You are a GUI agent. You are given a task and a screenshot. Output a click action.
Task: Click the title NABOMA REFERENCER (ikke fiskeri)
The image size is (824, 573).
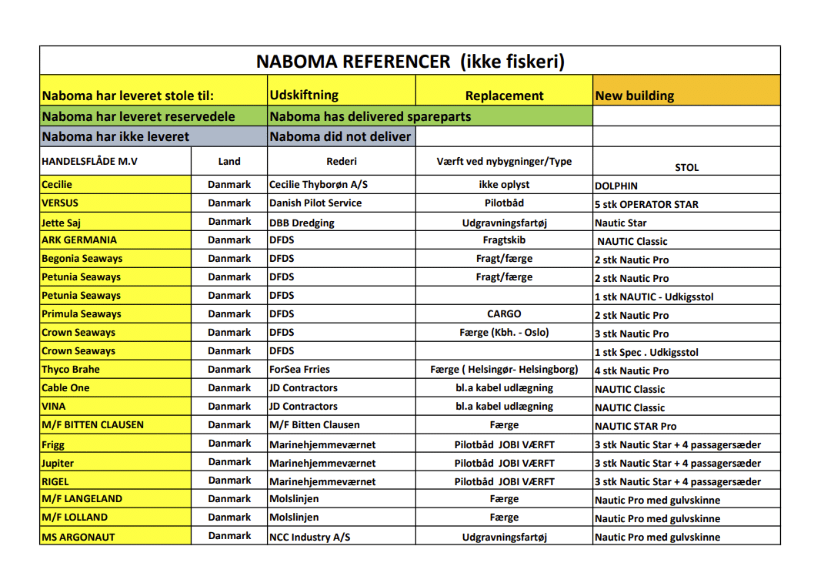[x=410, y=61]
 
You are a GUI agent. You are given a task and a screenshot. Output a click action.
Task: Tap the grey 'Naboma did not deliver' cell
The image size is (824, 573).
[x=340, y=136]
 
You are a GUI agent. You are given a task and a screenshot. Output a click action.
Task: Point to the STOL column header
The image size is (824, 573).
[x=686, y=167]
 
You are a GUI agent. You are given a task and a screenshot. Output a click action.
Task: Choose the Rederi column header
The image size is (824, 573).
[x=342, y=161]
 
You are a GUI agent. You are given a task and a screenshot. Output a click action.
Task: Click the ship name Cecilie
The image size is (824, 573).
[x=57, y=185]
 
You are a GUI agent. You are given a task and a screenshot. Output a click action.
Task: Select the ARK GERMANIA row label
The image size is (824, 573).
[x=79, y=240]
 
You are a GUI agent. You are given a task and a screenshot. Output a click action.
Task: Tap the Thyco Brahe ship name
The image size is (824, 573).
[x=71, y=370]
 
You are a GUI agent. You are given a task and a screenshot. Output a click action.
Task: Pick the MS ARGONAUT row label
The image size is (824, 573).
[x=78, y=537]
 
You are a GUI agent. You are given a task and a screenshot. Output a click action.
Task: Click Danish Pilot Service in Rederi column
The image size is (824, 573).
[x=315, y=203]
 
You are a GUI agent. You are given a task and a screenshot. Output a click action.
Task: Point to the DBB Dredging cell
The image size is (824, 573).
[x=302, y=222]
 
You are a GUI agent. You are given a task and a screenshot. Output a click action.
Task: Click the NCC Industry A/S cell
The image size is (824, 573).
[x=309, y=537]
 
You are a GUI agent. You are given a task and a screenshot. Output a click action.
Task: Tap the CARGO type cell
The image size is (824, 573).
[x=504, y=314]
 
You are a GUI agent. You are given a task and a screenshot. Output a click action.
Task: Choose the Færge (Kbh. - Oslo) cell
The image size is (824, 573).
[x=504, y=333]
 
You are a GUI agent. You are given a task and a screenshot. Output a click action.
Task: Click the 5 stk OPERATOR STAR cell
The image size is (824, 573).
[x=646, y=204]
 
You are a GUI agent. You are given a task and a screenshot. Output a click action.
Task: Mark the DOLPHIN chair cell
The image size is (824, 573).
[x=616, y=186]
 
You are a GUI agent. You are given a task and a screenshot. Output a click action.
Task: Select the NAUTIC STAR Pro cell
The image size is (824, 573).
[x=636, y=426]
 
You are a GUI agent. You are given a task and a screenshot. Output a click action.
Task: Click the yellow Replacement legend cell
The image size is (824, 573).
[x=504, y=95]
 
